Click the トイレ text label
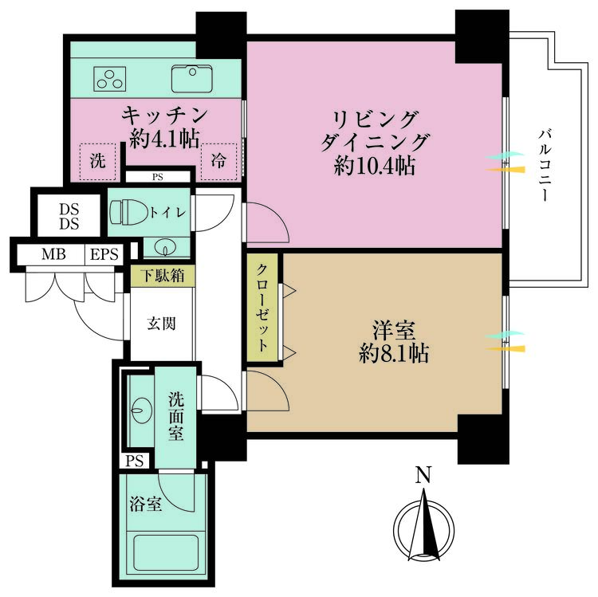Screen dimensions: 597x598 pos(168,212)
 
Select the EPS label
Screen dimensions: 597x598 pos(104,255)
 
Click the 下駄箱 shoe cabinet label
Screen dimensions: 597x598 pos(162,277)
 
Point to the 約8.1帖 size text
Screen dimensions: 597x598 pos(393,353)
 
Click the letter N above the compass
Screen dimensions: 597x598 pos(423,477)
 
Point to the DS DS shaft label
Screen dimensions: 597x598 pos(69,217)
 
